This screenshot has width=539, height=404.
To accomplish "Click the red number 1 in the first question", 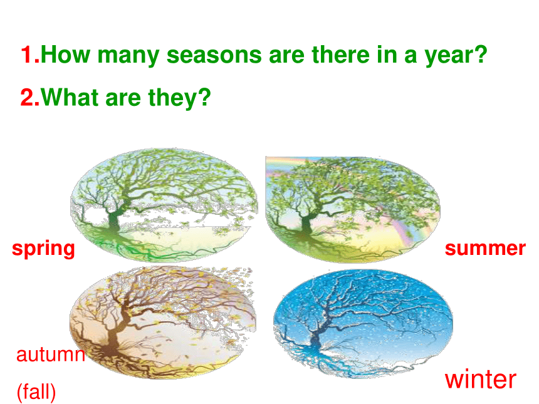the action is pos(28,54).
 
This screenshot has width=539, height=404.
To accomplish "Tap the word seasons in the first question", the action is pos(214,55).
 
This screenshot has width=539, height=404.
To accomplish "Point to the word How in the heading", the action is pos(65,54).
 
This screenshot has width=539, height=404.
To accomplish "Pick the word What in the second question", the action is pos(70,97).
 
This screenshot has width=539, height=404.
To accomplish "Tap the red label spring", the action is pos(43,250).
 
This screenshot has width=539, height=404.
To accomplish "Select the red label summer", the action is pos(485,249).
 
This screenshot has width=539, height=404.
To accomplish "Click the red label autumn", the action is pos(50,355).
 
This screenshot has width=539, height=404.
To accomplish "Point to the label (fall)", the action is pos(36,392).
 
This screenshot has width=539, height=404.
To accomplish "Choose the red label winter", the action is pos(481,380).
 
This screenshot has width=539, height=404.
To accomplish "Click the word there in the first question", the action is pos(340,55).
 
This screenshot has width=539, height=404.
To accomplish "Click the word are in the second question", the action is pos(123,100).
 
